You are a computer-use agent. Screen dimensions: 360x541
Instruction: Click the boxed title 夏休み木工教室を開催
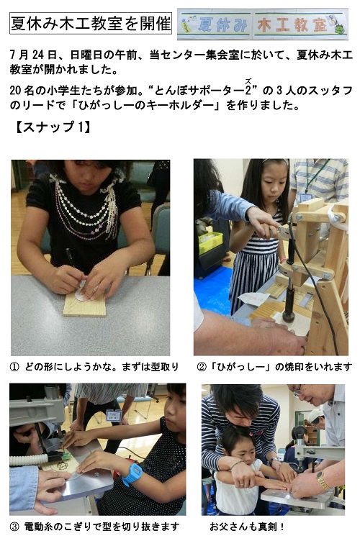(x=91, y=24)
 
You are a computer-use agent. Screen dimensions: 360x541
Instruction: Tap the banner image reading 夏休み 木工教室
(x=263, y=24)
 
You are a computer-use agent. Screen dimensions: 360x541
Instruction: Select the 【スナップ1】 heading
(x=53, y=127)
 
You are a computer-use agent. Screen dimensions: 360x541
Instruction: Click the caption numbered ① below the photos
(x=94, y=366)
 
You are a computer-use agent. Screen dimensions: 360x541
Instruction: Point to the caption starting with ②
(x=274, y=366)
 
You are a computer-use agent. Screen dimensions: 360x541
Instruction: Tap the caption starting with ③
(x=94, y=527)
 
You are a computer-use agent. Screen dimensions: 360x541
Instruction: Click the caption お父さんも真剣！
(x=247, y=527)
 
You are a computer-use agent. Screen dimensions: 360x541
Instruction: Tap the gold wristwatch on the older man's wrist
(x=323, y=481)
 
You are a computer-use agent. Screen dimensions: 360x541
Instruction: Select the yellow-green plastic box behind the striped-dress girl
(x=210, y=242)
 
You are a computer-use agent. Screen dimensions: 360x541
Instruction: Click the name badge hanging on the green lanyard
(x=305, y=198)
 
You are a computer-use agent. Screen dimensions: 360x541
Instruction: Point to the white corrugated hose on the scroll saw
(x=29, y=460)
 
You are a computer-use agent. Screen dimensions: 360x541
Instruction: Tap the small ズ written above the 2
(x=248, y=81)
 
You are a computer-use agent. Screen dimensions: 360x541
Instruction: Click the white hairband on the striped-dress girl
(x=276, y=160)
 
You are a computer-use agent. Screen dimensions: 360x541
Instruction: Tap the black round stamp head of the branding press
(x=288, y=317)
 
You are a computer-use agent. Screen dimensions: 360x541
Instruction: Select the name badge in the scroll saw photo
(x=114, y=415)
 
